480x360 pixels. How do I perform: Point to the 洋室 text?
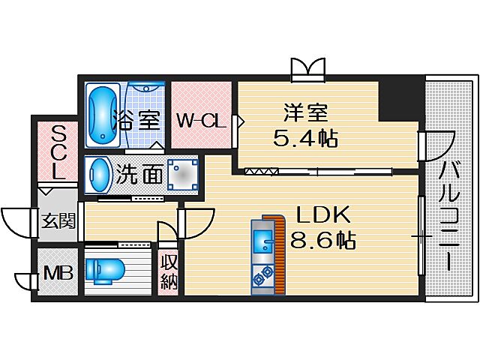tap(305, 114)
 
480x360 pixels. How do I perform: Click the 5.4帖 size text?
tap(305, 139)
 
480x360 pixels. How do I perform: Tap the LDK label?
tap(323, 215)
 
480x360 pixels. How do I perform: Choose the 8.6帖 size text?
tap(323, 241)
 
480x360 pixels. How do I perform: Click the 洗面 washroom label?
tap(139, 175)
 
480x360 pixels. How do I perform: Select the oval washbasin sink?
tap(98, 175)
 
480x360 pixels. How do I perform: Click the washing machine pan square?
tap(181, 175)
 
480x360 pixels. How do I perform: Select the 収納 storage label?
tap(167, 272)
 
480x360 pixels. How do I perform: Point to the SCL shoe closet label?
tap(58, 151)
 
